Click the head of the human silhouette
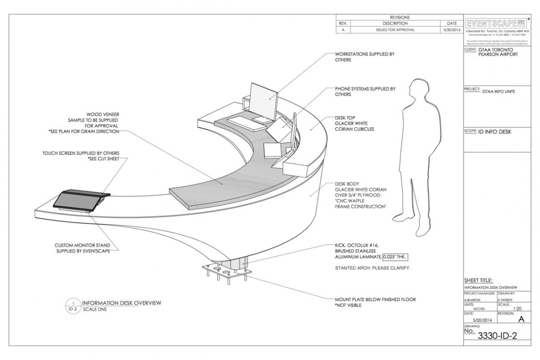417,90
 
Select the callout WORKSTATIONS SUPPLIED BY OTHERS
364,57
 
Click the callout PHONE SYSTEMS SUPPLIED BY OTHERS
365,92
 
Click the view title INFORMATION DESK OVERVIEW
121,303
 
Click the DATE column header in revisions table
451,23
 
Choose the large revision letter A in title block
521,319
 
